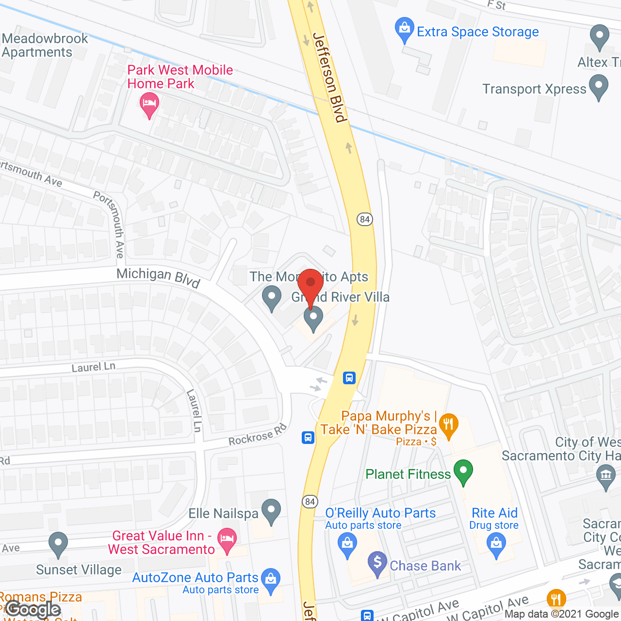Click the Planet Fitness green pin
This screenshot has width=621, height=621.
pos(463,471)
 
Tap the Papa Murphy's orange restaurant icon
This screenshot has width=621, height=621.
pos(448,425)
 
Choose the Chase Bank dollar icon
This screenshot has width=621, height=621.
pos(377,563)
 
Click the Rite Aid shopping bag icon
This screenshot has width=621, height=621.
pos(496,544)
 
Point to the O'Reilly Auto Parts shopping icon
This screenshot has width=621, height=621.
pos(347,544)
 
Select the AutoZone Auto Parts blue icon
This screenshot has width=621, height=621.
pos(270,580)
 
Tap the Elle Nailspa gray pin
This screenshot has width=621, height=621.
pos(271,510)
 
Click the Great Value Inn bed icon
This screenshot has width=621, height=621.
pos(227,539)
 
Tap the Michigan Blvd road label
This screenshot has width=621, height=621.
pos(158,277)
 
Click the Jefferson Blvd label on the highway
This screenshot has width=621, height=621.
pos(330,78)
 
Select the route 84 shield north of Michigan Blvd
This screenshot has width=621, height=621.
pos(365,219)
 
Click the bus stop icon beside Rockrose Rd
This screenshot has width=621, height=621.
pos(308,438)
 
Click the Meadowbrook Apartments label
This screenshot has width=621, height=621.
pos(45,45)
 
